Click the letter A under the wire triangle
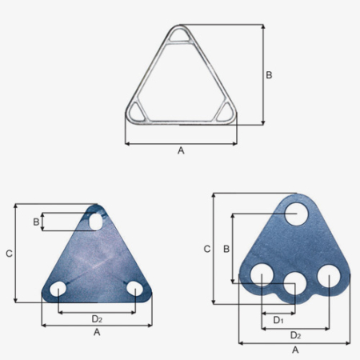[x=181, y=150]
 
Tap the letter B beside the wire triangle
[x=269, y=75]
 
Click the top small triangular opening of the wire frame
[x=179, y=35]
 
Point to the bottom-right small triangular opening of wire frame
[x=226, y=112]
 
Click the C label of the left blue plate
[x=9, y=254]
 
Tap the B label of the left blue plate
[x=36, y=222]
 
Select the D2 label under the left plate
[x=97, y=319]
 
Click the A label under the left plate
[x=97, y=332]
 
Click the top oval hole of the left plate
[x=96, y=221]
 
